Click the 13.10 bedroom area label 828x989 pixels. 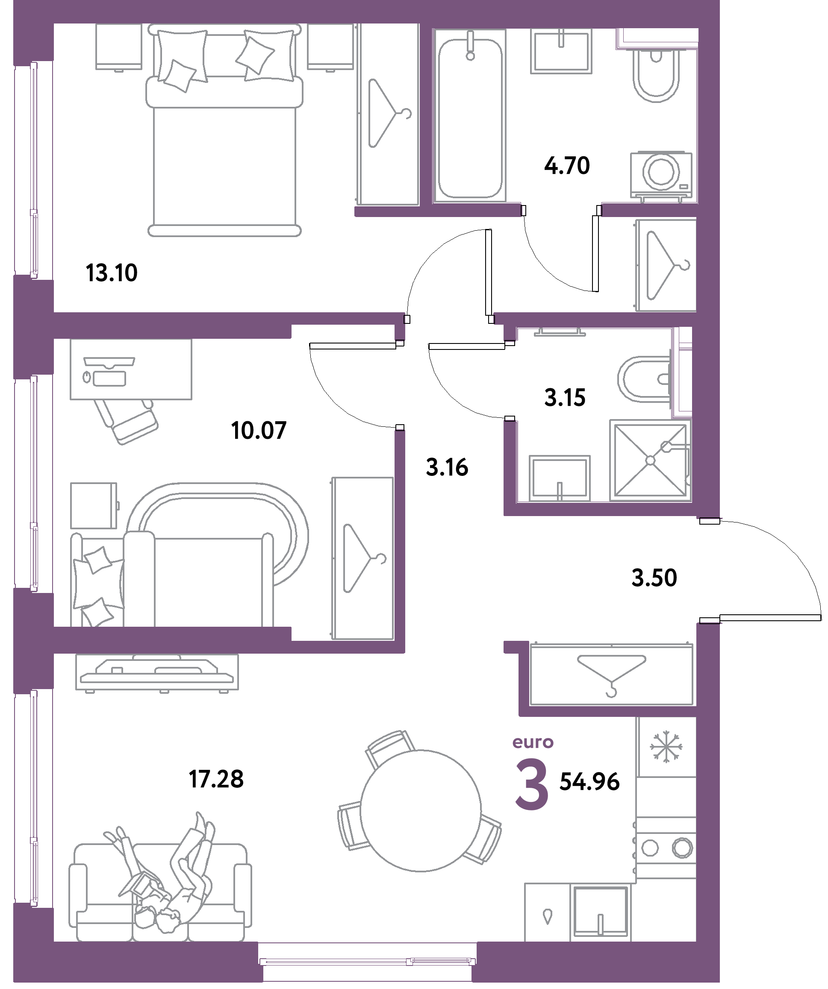[x=112, y=273]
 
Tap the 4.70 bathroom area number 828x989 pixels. [x=567, y=166]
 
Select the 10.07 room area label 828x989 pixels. [x=259, y=431]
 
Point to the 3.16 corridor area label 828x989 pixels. [x=447, y=467]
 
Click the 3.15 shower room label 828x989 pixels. [x=565, y=397]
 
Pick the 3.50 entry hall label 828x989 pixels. [x=654, y=578]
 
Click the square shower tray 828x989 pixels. [x=650, y=460]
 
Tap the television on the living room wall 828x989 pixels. [x=157, y=673]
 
